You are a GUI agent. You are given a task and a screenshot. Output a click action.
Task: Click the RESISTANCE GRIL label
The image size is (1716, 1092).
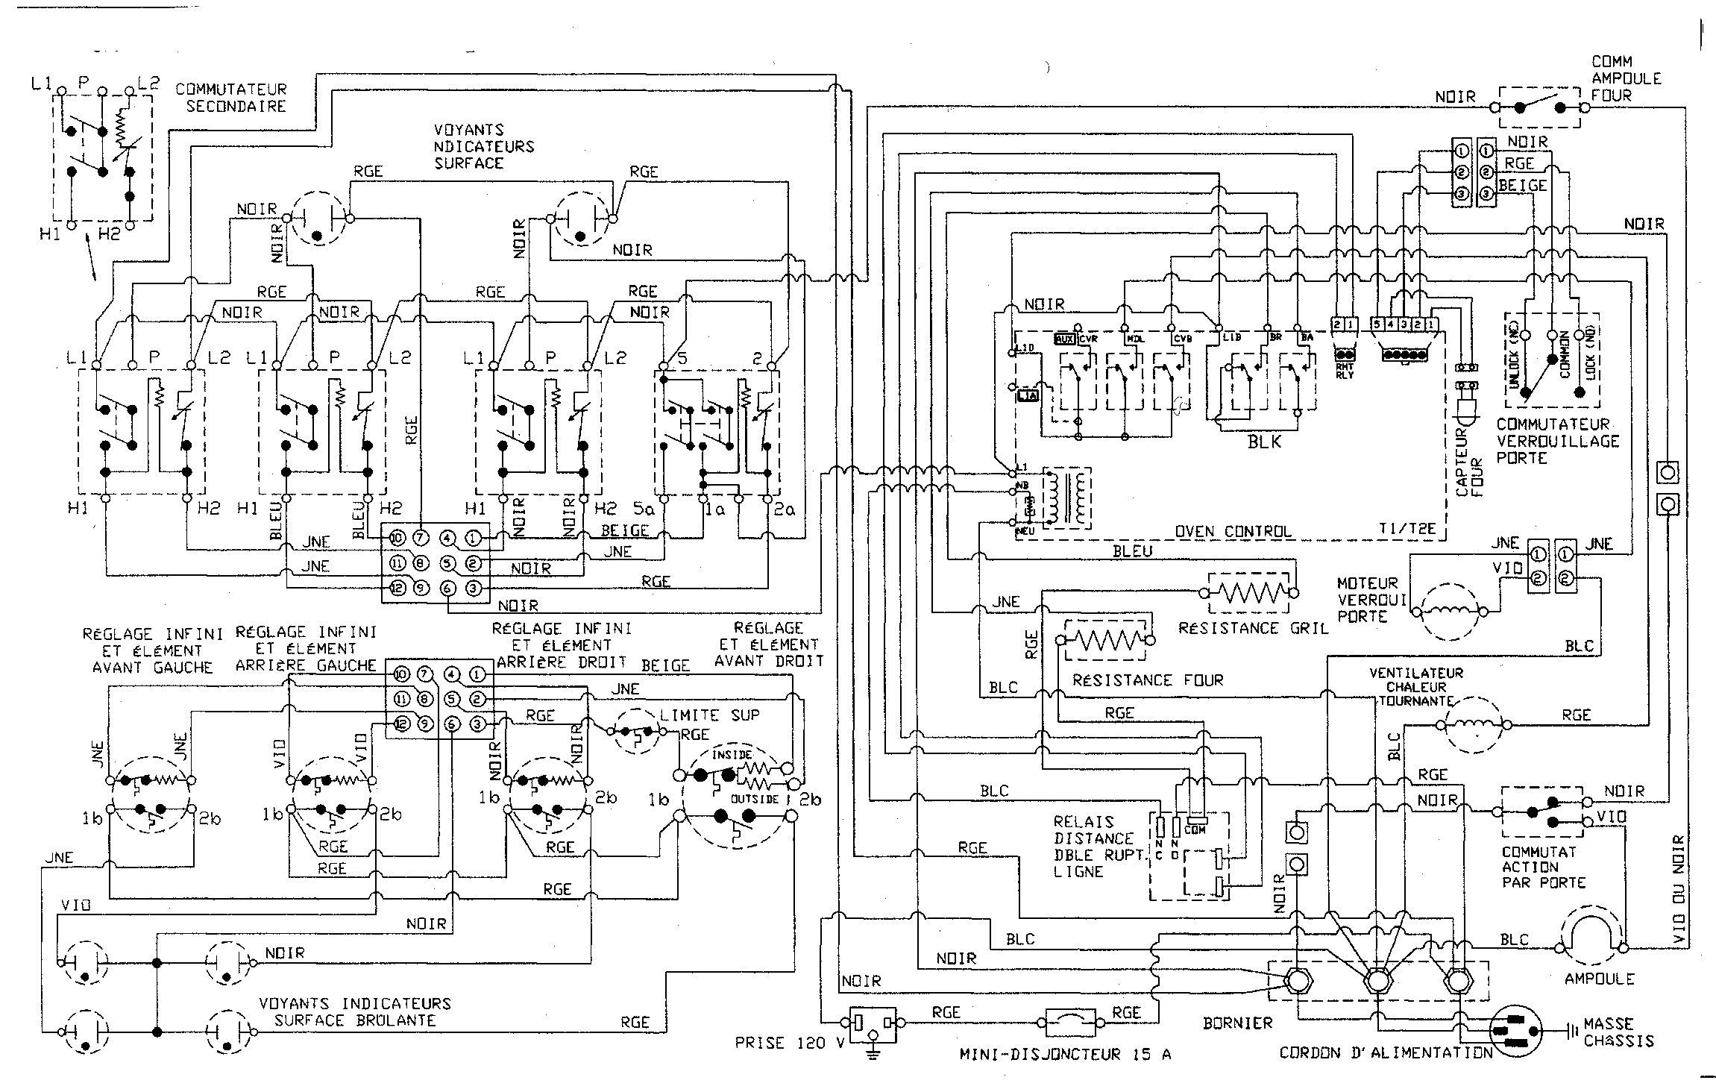point(1253,628)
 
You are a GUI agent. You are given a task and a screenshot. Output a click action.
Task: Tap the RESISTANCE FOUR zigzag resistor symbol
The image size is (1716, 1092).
point(1106,640)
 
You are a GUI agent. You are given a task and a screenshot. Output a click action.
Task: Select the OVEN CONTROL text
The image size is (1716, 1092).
point(1232,532)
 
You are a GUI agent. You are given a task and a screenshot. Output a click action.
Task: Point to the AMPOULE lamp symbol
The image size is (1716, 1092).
point(1591,933)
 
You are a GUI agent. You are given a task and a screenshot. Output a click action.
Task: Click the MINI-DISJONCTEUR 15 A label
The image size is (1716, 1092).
point(1065,1055)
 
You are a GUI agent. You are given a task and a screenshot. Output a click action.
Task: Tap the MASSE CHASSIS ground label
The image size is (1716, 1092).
point(1618,1032)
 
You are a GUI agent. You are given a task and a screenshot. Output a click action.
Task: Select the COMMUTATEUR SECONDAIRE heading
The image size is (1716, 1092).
point(230,98)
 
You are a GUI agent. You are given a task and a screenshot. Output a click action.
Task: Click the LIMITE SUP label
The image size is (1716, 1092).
point(709,715)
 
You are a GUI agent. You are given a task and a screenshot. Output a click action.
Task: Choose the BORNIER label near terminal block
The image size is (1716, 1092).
point(1237,1023)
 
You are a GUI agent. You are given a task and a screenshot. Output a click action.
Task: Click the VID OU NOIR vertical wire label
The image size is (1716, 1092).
point(1678,891)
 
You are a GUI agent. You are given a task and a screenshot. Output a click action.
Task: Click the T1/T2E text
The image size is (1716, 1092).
point(1407,532)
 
